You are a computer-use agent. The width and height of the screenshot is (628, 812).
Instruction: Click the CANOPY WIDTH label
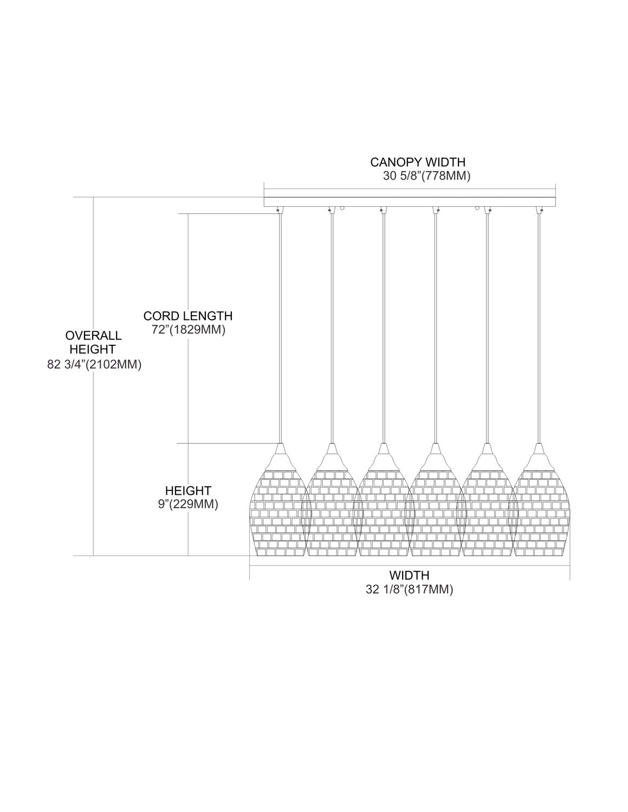point(418,162)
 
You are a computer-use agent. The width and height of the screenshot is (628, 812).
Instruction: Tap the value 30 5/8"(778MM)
point(426,176)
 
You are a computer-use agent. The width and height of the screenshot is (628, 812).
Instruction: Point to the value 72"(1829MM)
point(189,330)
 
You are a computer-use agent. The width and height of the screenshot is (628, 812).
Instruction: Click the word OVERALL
point(93,335)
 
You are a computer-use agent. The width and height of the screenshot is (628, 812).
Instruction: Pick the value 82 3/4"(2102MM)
point(94,364)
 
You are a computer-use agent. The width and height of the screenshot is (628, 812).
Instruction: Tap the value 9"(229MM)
point(188,505)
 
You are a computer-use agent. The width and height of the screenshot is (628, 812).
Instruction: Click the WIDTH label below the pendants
point(409,575)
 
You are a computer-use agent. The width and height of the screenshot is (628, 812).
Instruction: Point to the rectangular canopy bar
point(410,202)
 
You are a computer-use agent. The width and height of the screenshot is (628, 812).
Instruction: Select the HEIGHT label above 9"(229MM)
point(188,490)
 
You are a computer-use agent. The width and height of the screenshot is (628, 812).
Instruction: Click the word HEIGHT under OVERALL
point(93,349)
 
